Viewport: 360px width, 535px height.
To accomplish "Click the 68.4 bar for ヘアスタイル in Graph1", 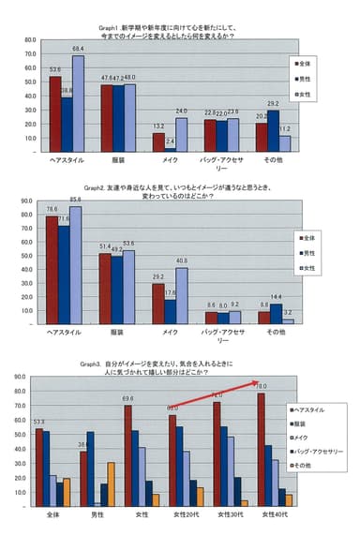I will click(78, 104).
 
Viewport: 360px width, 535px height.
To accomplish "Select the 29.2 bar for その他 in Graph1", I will click(274, 131).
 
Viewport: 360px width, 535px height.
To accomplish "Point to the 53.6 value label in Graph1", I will click(55, 69).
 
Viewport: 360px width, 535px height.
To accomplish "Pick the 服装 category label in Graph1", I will click(118, 160).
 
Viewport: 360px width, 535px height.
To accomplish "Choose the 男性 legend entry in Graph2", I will click(304, 252).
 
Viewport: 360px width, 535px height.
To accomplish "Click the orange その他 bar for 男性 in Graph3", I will click(112, 484).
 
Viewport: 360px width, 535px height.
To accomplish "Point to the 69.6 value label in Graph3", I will click(127, 398).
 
